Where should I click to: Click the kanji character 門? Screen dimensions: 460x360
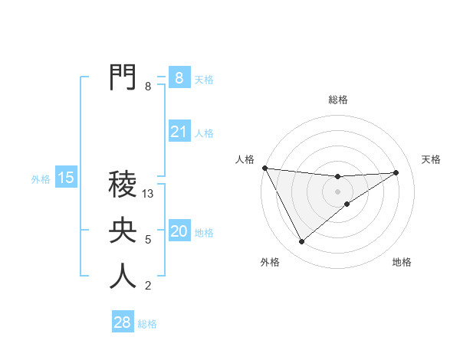click(123, 77)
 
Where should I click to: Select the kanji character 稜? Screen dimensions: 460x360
click(123, 185)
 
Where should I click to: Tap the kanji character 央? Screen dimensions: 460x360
click(123, 231)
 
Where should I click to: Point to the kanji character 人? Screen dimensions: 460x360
click(123, 277)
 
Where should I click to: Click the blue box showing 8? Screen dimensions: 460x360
click(179, 77)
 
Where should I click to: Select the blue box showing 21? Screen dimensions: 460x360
click(179, 132)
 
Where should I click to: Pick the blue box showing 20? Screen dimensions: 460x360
click(179, 231)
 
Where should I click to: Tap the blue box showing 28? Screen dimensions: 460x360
click(123, 322)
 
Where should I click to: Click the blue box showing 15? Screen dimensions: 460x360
click(66, 178)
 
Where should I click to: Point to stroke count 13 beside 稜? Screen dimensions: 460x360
click(149, 195)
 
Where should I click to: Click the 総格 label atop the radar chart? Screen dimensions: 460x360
click(337, 100)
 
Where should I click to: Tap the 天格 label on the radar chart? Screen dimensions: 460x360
click(431, 159)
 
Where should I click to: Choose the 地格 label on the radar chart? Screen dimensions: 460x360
click(402, 262)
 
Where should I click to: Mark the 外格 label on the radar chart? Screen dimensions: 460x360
click(270, 262)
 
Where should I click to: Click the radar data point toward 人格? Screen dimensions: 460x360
click(264, 168)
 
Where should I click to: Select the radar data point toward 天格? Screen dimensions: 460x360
click(396, 172)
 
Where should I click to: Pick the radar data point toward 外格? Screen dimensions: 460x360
click(301, 242)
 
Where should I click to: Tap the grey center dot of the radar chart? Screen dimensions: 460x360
click(337, 191)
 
